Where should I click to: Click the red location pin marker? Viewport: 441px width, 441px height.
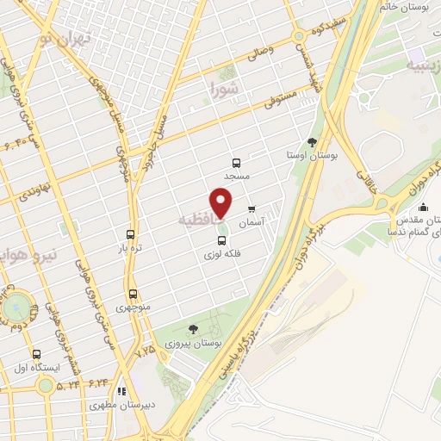(x=222, y=203)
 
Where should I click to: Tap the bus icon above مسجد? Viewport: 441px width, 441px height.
(x=237, y=162)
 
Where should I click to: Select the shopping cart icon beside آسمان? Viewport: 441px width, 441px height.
(x=252, y=208)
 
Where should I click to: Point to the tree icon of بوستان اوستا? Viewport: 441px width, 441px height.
(x=312, y=143)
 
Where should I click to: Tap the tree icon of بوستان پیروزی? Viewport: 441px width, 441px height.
(x=193, y=328)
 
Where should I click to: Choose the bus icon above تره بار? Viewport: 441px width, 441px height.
(x=130, y=233)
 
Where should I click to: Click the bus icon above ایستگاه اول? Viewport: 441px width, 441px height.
(x=36, y=354)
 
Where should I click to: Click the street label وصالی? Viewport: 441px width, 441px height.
(x=261, y=51)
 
